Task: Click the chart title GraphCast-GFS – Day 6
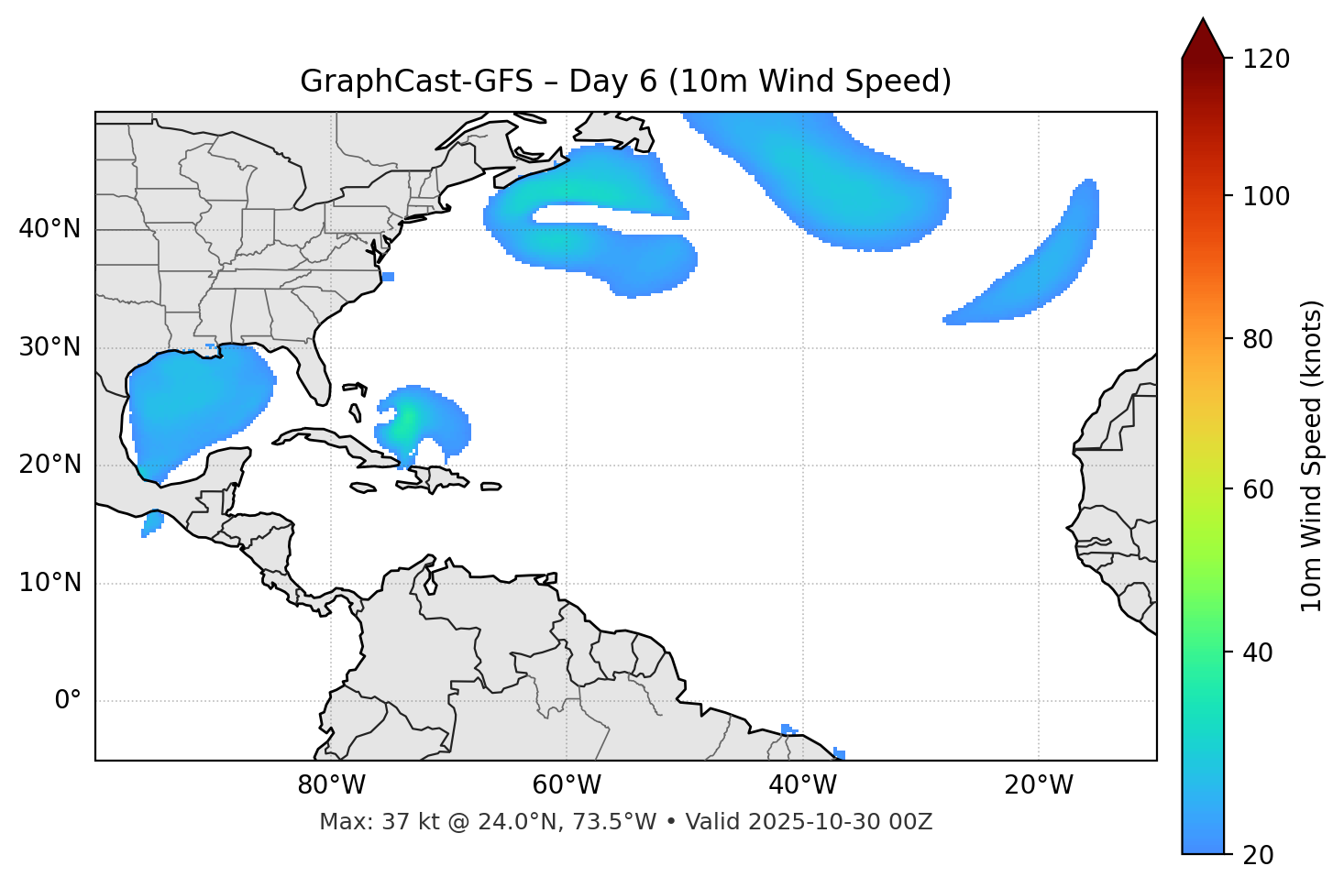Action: point(625,82)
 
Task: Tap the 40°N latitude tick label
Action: point(50,229)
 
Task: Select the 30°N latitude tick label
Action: point(50,347)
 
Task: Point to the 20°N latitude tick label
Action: point(50,465)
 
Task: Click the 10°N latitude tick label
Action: point(50,583)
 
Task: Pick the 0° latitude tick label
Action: point(68,701)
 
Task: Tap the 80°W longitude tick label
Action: point(331,785)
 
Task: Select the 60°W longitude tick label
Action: point(567,785)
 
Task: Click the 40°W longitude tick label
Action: point(802,785)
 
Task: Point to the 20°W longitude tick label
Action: point(1038,785)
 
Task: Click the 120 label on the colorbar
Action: point(1265,59)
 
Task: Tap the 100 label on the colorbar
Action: point(1265,196)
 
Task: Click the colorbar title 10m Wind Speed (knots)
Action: point(1312,455)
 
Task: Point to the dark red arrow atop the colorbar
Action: point(1202,39)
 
